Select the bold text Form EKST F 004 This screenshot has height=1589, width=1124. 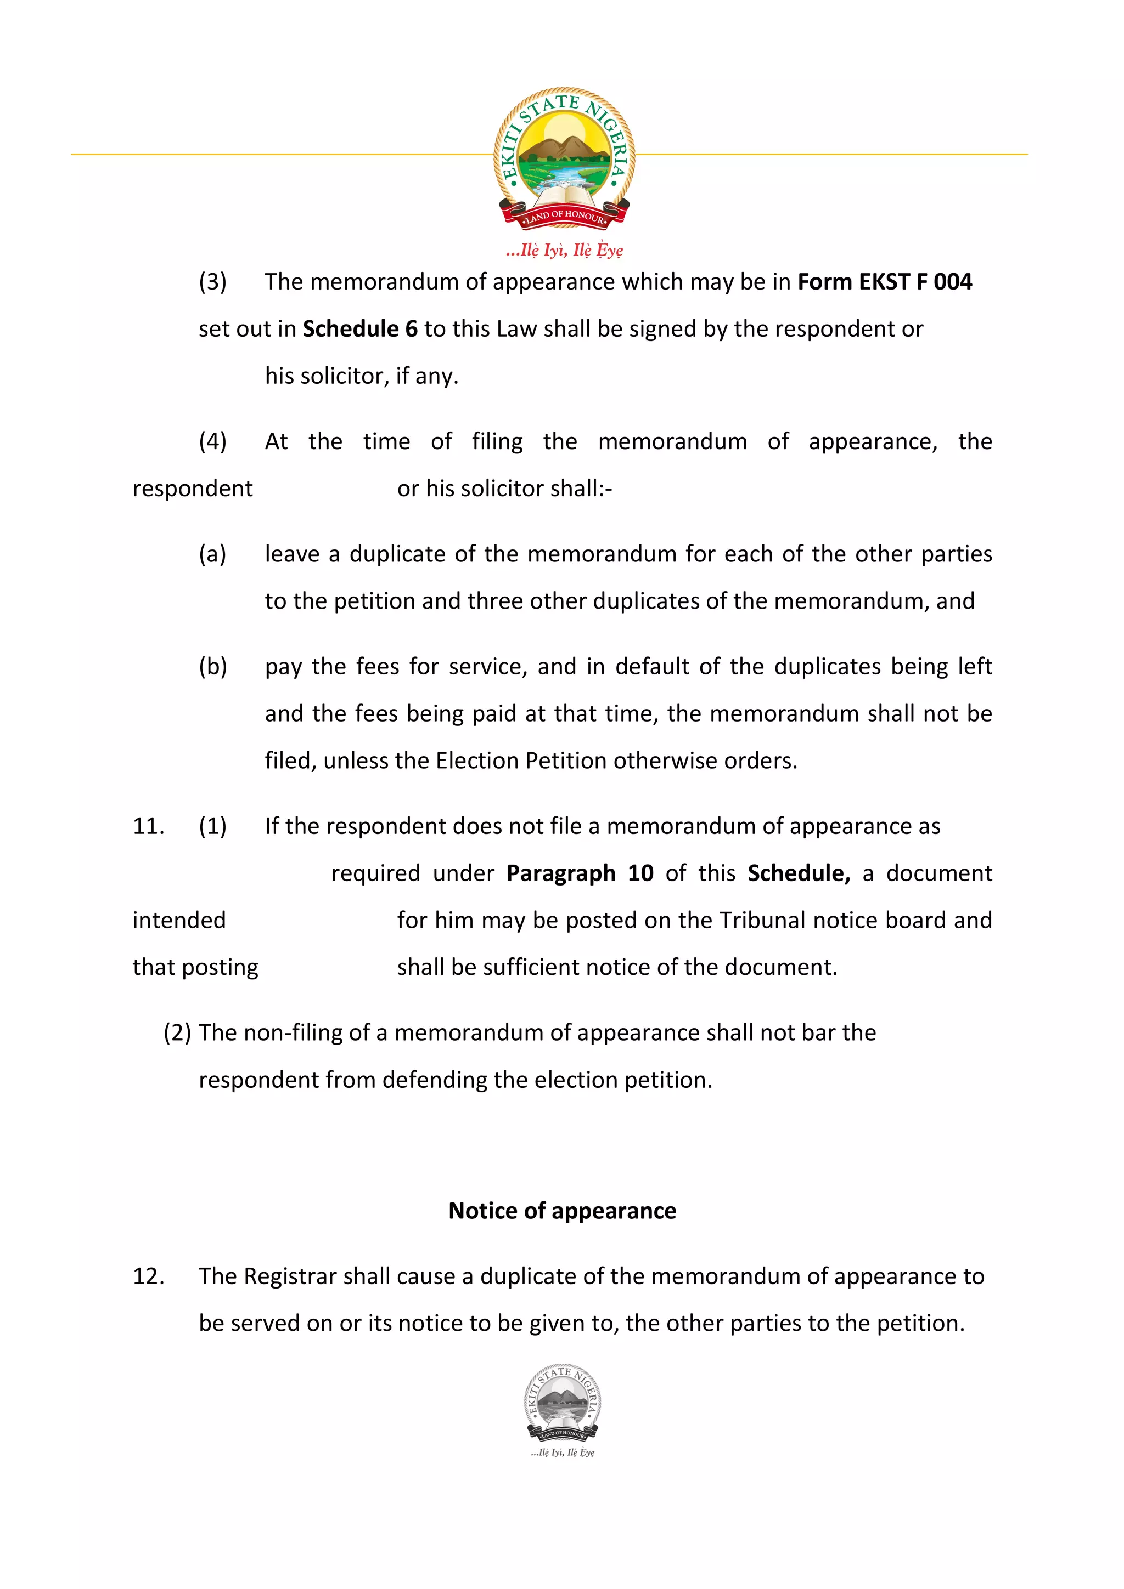[x=884, y=282]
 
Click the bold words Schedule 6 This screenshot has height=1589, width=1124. [x=360, y=329]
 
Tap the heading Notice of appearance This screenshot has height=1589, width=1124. [x=563, y=1211]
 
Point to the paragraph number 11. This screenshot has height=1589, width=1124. [x=148, y=826]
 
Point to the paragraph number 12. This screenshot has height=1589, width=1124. [x=148, y=1276]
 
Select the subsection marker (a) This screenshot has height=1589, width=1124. [x=212, y=554]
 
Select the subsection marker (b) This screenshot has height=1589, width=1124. [x=212, y=666]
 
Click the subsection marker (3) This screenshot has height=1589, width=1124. [x=212, y=282]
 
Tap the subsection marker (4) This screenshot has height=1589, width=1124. [x=212, y=441]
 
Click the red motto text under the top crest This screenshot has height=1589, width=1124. [x=564, y=250]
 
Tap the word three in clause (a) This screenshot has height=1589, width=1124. [x=497, y=601]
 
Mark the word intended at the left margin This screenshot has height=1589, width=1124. [x=179, y=921]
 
